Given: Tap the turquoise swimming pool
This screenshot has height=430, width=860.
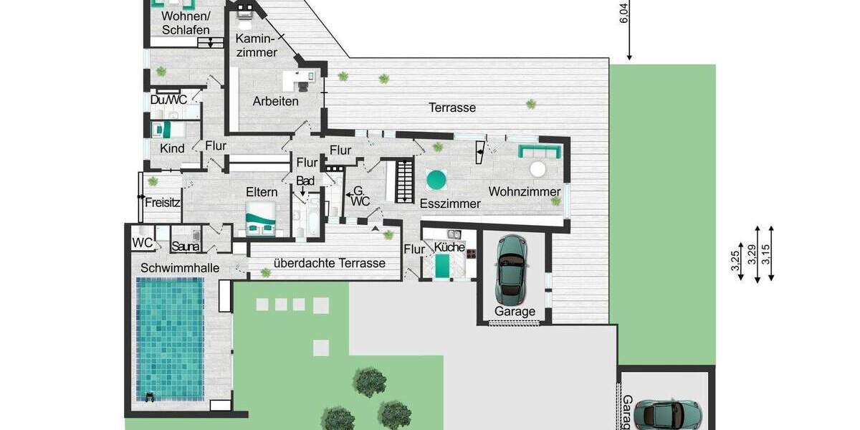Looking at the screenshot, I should [170, 339].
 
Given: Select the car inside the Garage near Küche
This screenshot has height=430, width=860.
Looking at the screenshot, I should [512, 268].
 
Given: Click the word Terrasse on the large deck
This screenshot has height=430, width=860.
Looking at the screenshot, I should [452, 108].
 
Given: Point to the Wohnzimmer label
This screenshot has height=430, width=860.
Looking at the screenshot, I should [524, 191].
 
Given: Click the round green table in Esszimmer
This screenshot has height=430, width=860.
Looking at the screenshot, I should [437, 179].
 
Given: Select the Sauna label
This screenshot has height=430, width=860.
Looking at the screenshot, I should [185, 247].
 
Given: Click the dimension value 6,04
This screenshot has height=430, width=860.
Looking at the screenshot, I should [623, 14].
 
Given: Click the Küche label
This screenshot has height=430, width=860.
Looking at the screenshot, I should [449, 248].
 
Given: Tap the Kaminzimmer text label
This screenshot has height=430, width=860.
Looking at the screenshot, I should [256, 44].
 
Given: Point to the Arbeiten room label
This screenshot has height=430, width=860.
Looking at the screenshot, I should [275, 102].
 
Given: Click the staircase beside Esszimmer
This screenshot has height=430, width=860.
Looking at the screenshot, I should [401, 181].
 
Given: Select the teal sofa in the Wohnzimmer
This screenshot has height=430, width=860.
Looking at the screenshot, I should [538, 151].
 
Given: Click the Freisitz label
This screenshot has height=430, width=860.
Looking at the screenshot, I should [162, 203].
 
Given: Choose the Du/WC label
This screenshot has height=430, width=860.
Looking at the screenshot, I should [169, 100].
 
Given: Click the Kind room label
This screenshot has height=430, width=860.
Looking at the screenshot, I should [172, 149].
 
